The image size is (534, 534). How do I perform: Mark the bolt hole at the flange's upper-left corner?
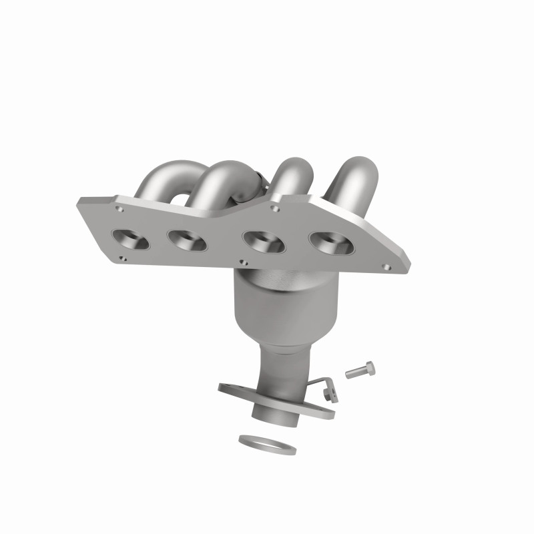(x=119, y=209)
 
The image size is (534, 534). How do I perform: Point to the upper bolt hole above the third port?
(x=276, y=208)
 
